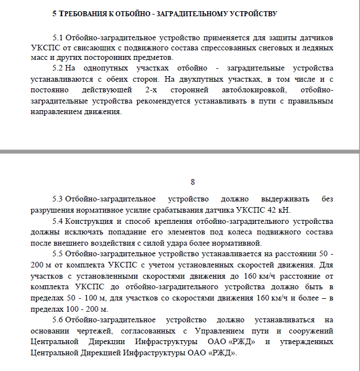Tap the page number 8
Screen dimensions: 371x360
tap(193, 182)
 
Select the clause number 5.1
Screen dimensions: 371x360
tap(58, 38)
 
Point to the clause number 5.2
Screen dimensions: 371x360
tap(58, 68)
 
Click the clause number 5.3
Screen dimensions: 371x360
tap(58, 199)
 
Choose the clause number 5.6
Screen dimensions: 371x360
tap(58, 320)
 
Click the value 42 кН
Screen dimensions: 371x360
tap(280, 210)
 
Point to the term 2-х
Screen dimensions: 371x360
tap(152, 90)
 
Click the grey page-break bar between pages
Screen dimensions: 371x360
tap(180, 151)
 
